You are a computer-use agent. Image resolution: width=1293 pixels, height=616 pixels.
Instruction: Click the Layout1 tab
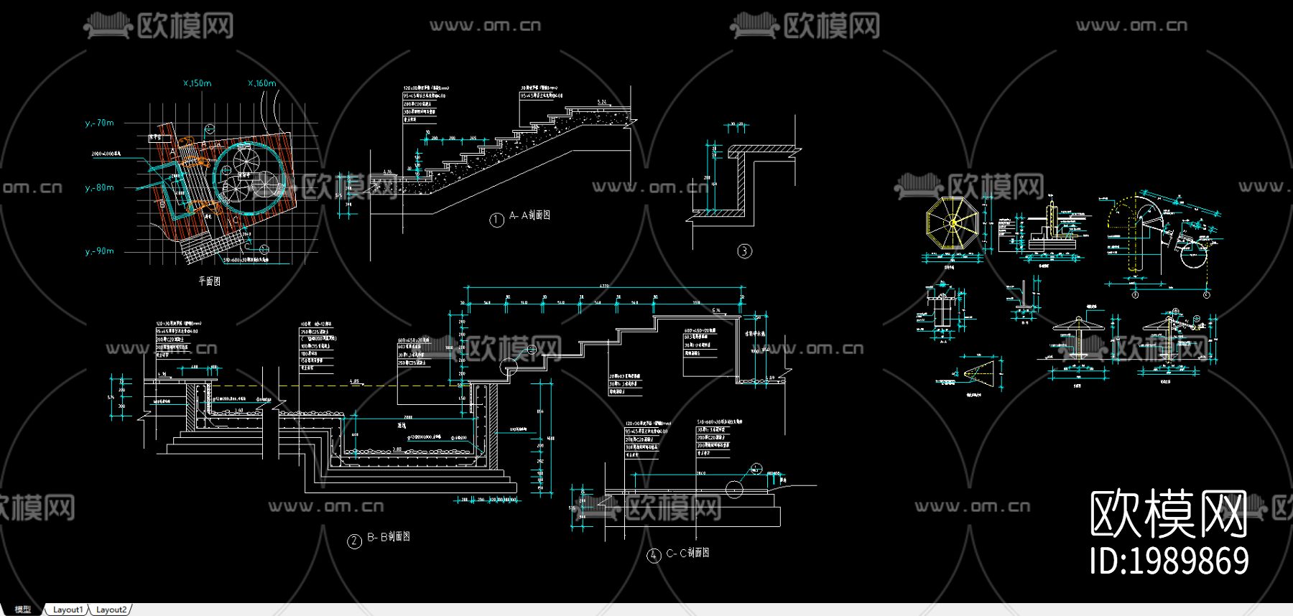68,610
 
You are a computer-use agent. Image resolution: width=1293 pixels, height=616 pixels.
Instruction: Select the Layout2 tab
111,610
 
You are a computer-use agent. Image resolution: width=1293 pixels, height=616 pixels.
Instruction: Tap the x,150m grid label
198,83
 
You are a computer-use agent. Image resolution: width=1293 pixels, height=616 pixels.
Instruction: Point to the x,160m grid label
262,83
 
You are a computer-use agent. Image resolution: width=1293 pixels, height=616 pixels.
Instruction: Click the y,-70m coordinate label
100,123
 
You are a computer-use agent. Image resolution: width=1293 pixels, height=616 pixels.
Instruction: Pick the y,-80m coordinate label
100,187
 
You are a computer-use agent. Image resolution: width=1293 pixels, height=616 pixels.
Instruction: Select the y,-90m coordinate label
100,251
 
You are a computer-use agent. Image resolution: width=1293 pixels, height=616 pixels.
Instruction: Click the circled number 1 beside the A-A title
496,220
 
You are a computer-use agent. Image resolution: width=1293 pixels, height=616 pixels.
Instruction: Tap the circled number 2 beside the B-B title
354,541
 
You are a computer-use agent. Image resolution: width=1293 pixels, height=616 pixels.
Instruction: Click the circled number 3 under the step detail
744,251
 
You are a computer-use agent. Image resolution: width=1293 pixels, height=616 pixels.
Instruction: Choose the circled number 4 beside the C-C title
654,555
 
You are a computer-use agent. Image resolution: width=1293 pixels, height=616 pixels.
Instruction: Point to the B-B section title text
389,537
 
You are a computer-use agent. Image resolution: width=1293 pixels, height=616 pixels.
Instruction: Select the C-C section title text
687,553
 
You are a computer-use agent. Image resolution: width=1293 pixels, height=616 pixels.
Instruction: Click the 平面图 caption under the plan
210,281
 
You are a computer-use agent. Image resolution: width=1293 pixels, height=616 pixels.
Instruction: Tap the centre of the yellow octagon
953,223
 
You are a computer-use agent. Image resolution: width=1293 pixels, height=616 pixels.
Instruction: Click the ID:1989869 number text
1169,561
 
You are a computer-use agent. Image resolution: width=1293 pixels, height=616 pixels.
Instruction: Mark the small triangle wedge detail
978,372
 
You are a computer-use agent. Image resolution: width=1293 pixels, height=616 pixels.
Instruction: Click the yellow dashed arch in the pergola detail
1135,215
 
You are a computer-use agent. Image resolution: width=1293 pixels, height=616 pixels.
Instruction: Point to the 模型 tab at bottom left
23,610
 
